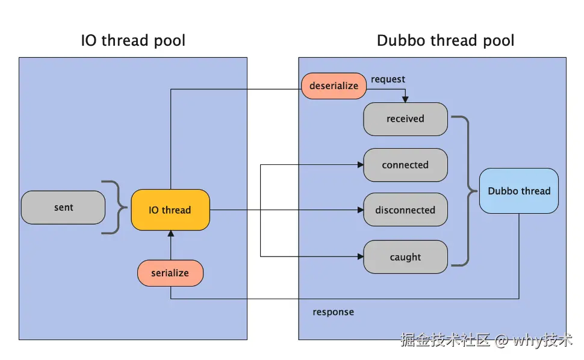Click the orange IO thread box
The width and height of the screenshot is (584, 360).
click(170, 210)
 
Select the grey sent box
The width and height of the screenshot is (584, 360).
click(63, 208)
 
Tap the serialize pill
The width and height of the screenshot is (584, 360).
click(170, 273)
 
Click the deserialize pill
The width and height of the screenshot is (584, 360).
click(334, 86)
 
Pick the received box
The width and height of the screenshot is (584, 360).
click(405, 119)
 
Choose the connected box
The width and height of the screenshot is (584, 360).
click(405, 165)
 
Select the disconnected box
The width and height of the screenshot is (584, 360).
click(405, 210)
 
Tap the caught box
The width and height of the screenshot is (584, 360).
click(405, 257)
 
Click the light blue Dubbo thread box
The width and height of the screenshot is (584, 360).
click(519, 191)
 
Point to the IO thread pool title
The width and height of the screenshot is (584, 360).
click(133, 41)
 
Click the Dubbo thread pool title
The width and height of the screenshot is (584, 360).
click(446, 41)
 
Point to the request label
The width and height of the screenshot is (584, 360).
click(388, 79)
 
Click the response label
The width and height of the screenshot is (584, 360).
click(333, 312)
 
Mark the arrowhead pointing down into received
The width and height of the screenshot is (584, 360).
click(405, 99)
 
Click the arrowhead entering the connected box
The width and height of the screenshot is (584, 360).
click(360, 165)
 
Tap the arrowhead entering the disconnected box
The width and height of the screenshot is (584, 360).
click(360, 210)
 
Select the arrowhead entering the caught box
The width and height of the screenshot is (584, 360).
click(360, 257)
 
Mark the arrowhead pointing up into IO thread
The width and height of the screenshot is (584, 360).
click(170, 234)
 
